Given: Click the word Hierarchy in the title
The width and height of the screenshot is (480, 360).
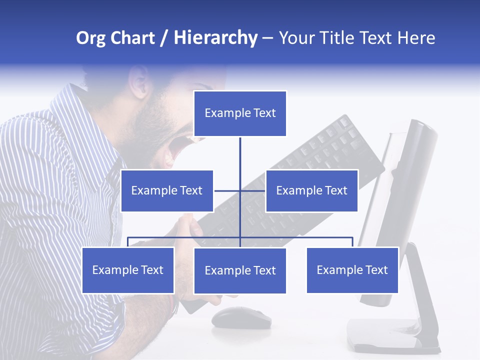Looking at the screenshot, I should [215, 38].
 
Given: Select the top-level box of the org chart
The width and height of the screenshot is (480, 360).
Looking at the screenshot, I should [240, 113].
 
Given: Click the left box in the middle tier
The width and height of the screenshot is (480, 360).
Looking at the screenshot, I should [167, 190].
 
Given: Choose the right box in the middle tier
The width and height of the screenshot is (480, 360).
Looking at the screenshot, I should [311, 190].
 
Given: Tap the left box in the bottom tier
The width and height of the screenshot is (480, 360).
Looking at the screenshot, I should [128, 270].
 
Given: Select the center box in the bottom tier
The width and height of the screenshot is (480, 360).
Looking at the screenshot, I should [240, 270].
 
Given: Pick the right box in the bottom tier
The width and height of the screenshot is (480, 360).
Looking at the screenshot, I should [352, 270].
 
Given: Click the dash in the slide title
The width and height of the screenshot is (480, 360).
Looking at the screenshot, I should [267, 38].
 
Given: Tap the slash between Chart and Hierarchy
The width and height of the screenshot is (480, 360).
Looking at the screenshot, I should [164, 38].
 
